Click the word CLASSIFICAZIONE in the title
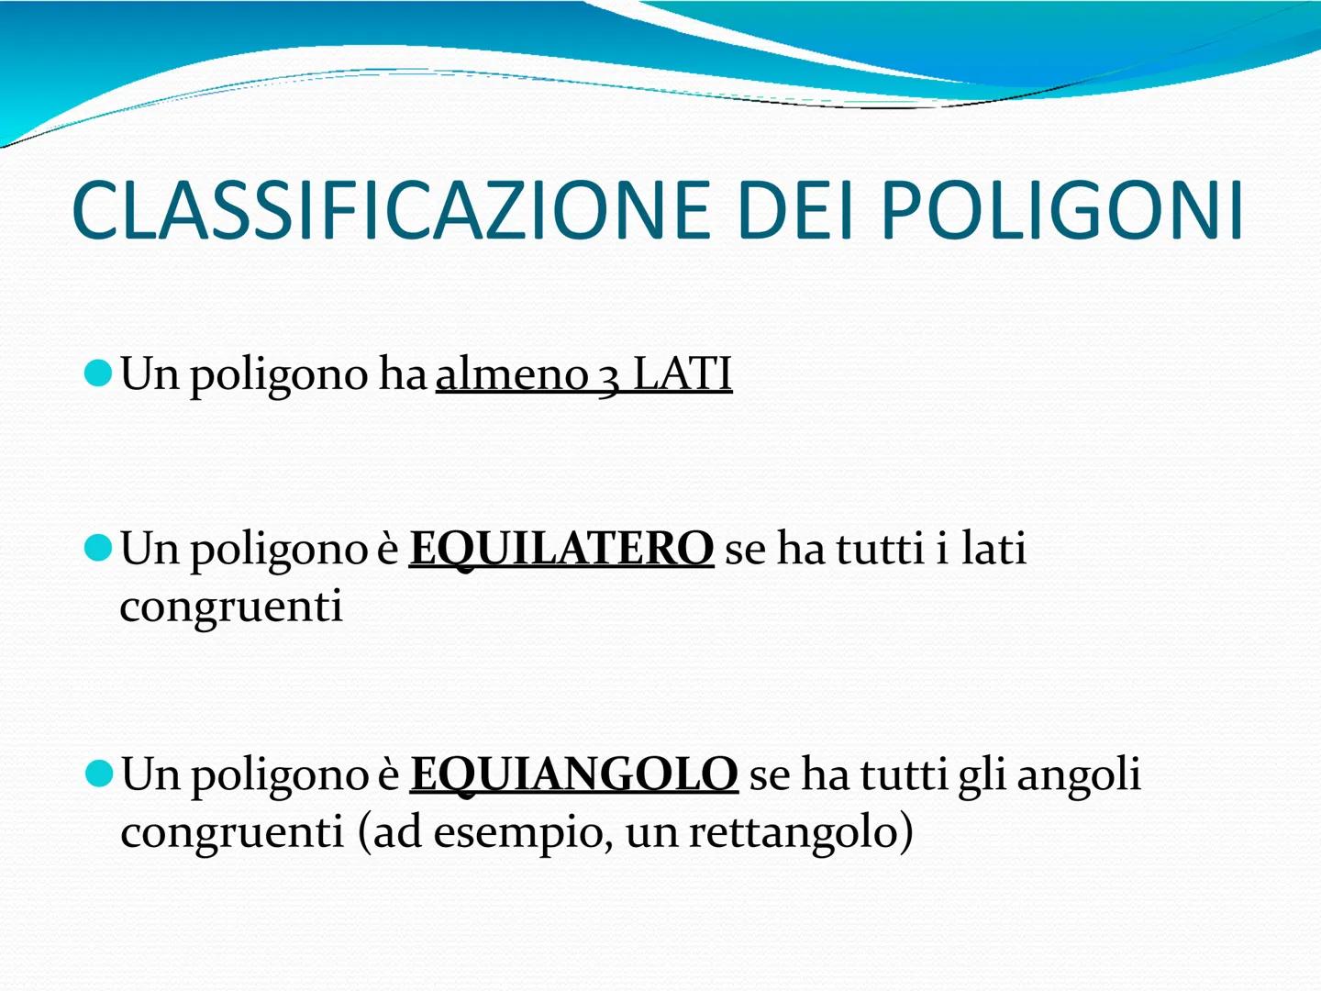tap(391, 211)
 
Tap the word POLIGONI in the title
tap(1061, 211)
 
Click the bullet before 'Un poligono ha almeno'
tap(96, 373)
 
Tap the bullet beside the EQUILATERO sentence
tap(96, 548)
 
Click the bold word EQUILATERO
tap(561, 549)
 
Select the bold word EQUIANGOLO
tap(573, 774)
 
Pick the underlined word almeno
tap(512, 374)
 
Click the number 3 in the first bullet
tap(609, 376)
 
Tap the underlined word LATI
tap(683, 374)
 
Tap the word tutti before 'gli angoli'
tap(903, 774)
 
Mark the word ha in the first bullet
tap(403, 374)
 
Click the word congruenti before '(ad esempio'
tap(232, 833)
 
